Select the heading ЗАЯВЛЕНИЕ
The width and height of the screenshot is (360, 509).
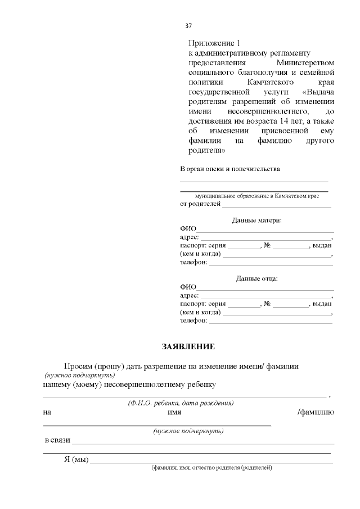click(x=188, y=346)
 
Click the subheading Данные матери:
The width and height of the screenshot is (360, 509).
click(x=256, y=220)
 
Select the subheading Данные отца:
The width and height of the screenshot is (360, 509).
click(x=256, y=278)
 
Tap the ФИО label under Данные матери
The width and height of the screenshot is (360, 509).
click(x=188, y=229)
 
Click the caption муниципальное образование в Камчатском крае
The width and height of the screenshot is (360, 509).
click(x=256, y=196)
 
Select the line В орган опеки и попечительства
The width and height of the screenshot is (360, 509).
click(x=229, y=169)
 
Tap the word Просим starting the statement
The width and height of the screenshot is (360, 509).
click(x=78, y=366)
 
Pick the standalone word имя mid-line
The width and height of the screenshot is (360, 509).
click(x=174, y=412)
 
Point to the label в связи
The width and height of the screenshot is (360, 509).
click(x=57, y=440)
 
